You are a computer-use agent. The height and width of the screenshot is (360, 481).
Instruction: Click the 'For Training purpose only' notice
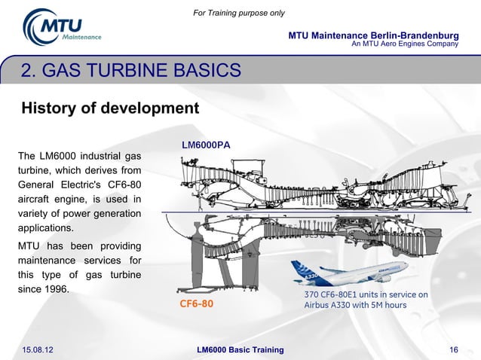click(x=239, y=13)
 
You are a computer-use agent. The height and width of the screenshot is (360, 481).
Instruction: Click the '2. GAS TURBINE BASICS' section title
click(x=131, y=72)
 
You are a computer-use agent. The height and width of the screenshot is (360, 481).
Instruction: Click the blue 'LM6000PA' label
click(x=206, y=143)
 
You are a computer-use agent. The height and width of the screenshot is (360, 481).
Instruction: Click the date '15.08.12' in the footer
click(x=42, y=349)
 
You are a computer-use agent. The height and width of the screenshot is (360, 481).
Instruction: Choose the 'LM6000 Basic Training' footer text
click(x=240, y=349)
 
